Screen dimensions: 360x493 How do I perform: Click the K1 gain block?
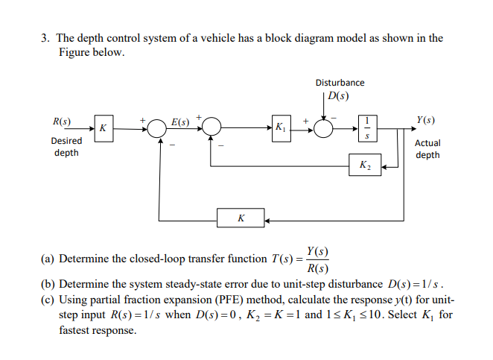(281, 127)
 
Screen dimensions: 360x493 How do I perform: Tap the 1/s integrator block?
(366, 127)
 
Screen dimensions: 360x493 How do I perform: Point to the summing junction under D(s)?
(325, 128)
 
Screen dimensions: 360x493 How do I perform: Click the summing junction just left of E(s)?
(156, 128)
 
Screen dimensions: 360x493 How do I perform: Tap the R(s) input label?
(62, 121)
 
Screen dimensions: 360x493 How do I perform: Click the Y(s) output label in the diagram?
(427, 120)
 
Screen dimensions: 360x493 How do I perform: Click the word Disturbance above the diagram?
(340, 82)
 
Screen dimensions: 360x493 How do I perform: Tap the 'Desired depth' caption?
(66, 147)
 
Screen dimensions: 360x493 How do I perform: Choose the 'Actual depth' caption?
(427, 149)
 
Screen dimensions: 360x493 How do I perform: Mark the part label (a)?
(48, 259)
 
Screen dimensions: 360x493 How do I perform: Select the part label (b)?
(48, 285)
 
